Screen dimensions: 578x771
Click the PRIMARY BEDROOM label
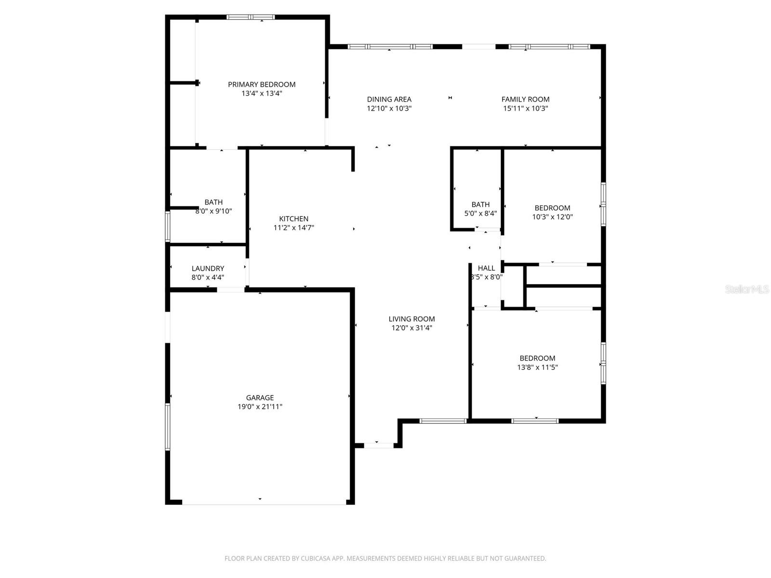(x=262, y=84)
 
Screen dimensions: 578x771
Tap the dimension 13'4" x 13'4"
(x=262, y=93)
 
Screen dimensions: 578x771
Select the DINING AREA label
(x=389, y=99)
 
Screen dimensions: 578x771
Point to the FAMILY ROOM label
(x=525, y=99)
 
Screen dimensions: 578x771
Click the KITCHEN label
(x=293, y=219)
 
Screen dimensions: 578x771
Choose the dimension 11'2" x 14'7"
(x=293, y=228)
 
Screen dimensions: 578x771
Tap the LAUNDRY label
(x=208, y=268)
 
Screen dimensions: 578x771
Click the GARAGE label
(x=260, y=397)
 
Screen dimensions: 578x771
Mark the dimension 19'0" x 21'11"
(x=260, y=407)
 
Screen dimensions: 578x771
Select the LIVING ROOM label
(x=412, y=319)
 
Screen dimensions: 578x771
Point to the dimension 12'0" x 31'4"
(x=412, y=328)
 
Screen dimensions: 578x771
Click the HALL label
(x=486, y=268)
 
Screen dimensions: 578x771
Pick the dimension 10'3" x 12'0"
(x=552, y=217)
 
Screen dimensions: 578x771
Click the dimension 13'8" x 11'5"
(x=537, y=367)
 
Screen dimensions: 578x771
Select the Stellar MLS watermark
(x=746, y=289)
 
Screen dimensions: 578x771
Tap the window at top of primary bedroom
(x=251, y=17)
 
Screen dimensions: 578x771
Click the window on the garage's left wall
(x=168, y=427)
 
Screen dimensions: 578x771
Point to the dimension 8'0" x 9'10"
(x=213, y=211)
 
